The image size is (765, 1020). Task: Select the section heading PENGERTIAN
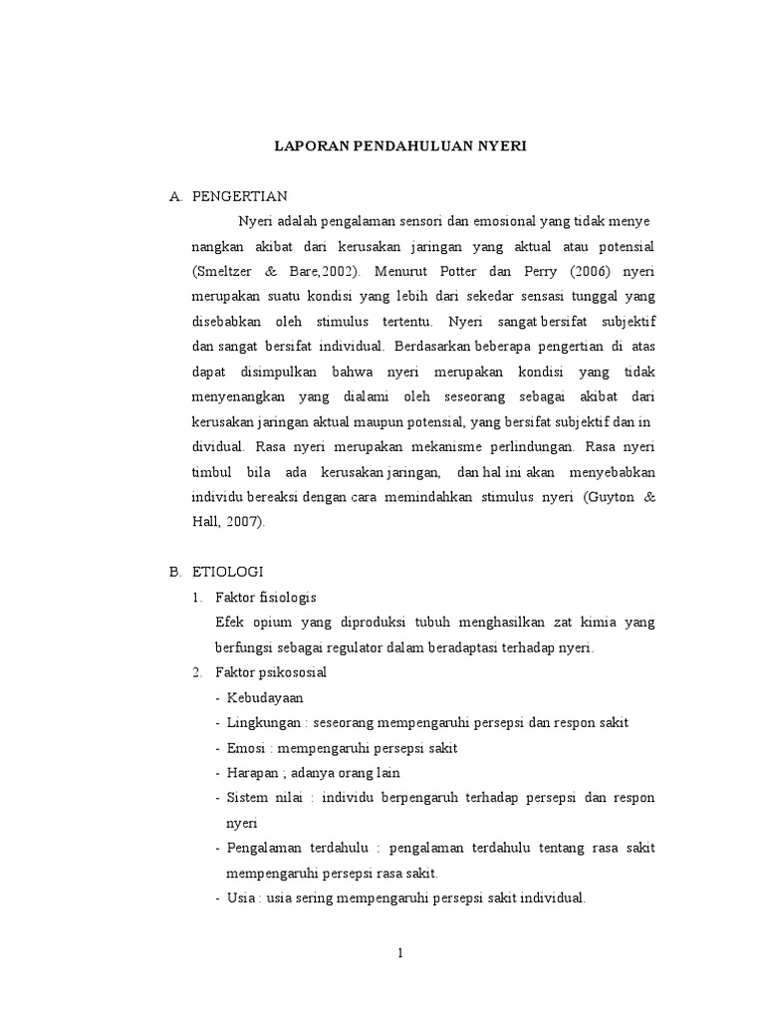(x=240, y=196)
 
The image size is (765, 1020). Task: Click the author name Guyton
(x=610, y=497)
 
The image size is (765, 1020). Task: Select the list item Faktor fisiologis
(x=265, y=598)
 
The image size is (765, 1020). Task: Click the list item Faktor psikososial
(x=270, y=672)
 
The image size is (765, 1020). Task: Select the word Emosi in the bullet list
(x=245, y=748)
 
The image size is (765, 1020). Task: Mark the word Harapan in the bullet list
(x=252, y=773)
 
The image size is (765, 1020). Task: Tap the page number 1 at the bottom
(x=399, y=953)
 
